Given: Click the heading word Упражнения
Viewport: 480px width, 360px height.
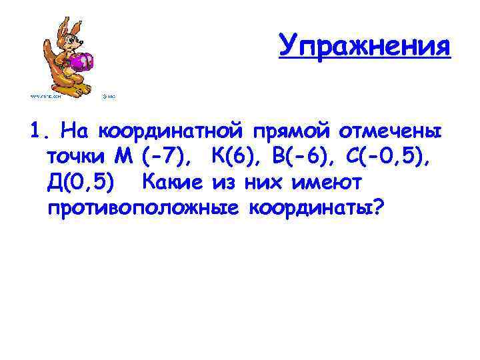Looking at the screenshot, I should [x=365, y=45].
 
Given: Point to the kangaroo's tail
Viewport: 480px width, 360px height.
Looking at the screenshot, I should [x=49, y=81].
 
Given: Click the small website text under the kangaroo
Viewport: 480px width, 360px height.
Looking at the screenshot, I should [x=45, y=95].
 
